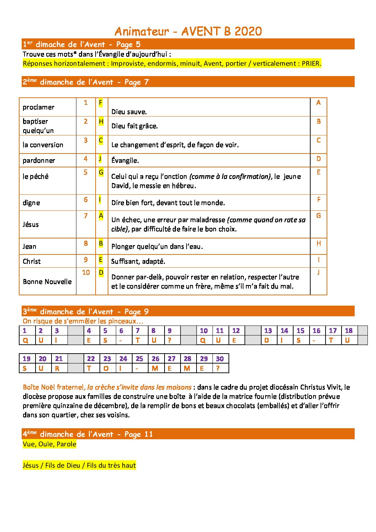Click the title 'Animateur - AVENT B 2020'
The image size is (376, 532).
pos(188,31)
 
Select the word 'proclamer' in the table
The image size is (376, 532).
pos(38,107)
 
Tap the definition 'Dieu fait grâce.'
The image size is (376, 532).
pos(134,126)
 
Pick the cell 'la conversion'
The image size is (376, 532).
pos(43,145)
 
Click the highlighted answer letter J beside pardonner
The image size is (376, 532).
pos(100,158)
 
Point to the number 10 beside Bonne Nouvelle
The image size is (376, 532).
pos(86,273)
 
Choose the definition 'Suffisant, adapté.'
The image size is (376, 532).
pos(138,262)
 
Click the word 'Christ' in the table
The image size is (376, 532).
pos(32,262)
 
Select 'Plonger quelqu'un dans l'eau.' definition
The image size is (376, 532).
pos(157,247)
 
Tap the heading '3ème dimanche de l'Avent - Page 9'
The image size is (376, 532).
pos(86,312)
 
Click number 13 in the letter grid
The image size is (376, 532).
pos(268,331)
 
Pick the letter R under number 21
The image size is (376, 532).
pos(57,369)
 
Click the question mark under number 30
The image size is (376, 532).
pos(218,369)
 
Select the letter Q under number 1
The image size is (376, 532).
pos(25,340)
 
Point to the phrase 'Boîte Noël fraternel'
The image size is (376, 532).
pos(54,387)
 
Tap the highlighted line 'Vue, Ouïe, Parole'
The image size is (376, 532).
pos(49,444)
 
